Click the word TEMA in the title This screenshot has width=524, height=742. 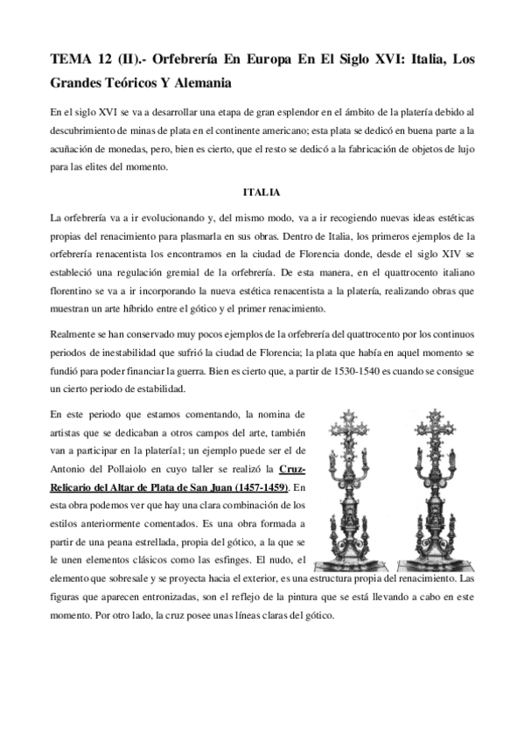click(x=73, y=59)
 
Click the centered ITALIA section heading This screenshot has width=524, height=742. click(x=262, y=192)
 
